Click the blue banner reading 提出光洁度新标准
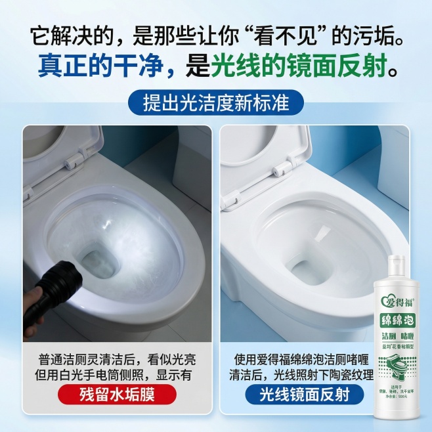click(x=216, y=103)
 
